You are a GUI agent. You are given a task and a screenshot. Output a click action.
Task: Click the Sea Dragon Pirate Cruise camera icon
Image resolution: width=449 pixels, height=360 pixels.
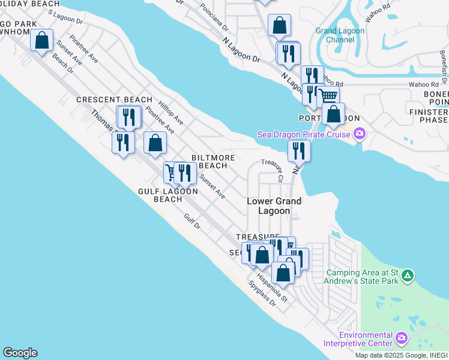coord(360,134)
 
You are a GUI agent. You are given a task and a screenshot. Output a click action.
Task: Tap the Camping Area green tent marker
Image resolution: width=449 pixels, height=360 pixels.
coord(408,276)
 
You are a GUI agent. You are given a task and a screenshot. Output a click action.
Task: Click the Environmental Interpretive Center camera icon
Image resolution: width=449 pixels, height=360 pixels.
coord(401,339)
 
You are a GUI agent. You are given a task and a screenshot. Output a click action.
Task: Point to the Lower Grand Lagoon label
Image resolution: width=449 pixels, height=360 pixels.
coord(274,206)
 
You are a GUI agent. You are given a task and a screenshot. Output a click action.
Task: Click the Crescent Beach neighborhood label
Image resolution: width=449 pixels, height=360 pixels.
coord(114,100)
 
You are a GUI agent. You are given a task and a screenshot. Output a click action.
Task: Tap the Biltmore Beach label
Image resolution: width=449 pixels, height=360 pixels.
coord(212,161)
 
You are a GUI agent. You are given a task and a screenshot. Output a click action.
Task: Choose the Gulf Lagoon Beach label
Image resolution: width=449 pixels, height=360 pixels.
coord(167,195)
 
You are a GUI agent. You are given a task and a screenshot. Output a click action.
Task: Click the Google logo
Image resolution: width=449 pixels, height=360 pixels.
coord(20,353)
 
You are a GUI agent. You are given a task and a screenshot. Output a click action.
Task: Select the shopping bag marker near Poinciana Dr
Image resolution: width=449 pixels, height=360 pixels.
coord(279,25)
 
